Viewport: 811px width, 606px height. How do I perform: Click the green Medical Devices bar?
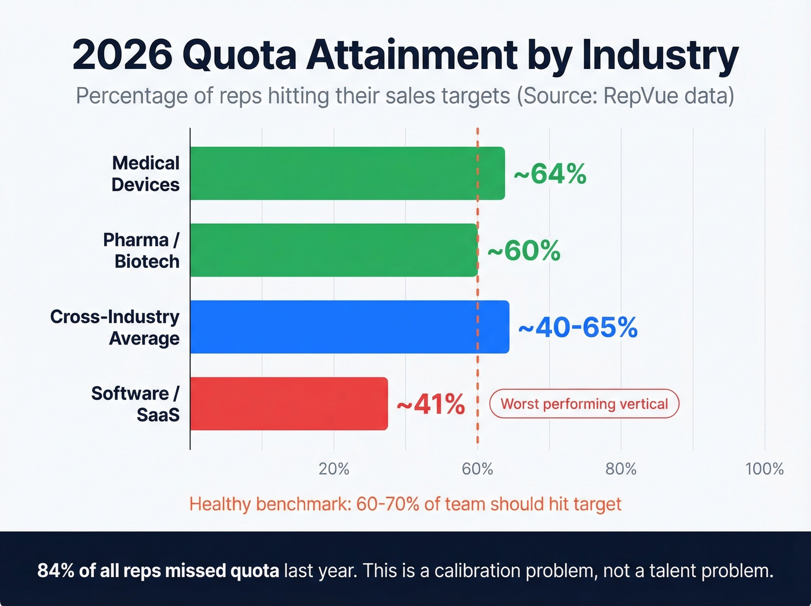347,173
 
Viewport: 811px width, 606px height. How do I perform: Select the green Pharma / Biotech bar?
334,250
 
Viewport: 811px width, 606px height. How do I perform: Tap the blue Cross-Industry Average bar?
349,326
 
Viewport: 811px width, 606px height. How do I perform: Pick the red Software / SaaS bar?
288,404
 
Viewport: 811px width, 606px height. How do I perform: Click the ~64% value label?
550,173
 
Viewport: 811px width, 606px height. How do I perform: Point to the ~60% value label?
524,251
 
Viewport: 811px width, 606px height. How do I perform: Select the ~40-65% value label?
578,327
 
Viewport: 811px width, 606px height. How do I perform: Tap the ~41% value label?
430,404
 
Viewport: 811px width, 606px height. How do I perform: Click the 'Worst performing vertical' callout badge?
584,404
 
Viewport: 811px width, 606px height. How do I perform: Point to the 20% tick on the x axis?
334,469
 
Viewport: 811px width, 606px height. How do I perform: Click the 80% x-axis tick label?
620,469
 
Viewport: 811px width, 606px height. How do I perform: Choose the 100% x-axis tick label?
764,469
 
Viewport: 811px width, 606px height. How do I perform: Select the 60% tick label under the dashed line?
477,469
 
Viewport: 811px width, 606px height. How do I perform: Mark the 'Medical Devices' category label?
145,173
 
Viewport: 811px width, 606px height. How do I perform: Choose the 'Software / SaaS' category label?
136,404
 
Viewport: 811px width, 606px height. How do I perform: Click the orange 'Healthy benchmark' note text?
405,504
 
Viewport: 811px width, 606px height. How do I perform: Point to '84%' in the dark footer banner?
56,571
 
